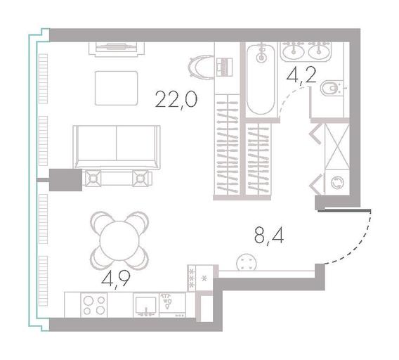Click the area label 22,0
tap(176, 100)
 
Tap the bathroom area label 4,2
tap(301, 75)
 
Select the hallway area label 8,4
tap(269, 236)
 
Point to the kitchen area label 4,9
tap(116, 278)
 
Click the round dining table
tap(119, 240)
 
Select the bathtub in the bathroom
tap(261, 79)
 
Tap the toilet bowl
tap(330, 89)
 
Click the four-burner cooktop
tap(94, 305)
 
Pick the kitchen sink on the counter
tap(146, 306)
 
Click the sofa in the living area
tap(117, 147)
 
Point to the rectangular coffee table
tap(117, 88)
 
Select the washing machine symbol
tap(337, 183)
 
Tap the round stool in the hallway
tap(247, 262)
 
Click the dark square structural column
tap(65, 180)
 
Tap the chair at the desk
tap(200, 67)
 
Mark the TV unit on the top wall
tap(117, 49)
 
